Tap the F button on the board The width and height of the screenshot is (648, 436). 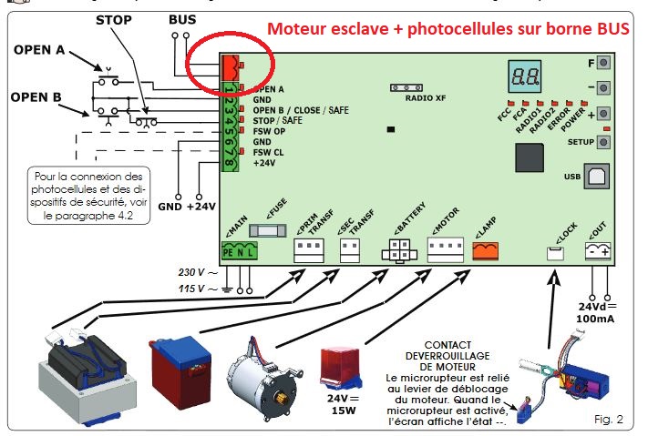pos(602,65)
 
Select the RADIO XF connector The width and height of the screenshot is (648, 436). pos(406,87)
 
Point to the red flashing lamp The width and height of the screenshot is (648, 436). pos(343,368)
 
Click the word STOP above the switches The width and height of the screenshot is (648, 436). pos(113,19)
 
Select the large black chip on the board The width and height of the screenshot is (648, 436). pos(532,161)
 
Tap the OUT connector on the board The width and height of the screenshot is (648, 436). pos(597,252)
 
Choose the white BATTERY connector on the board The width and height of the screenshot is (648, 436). pos(398,251)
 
